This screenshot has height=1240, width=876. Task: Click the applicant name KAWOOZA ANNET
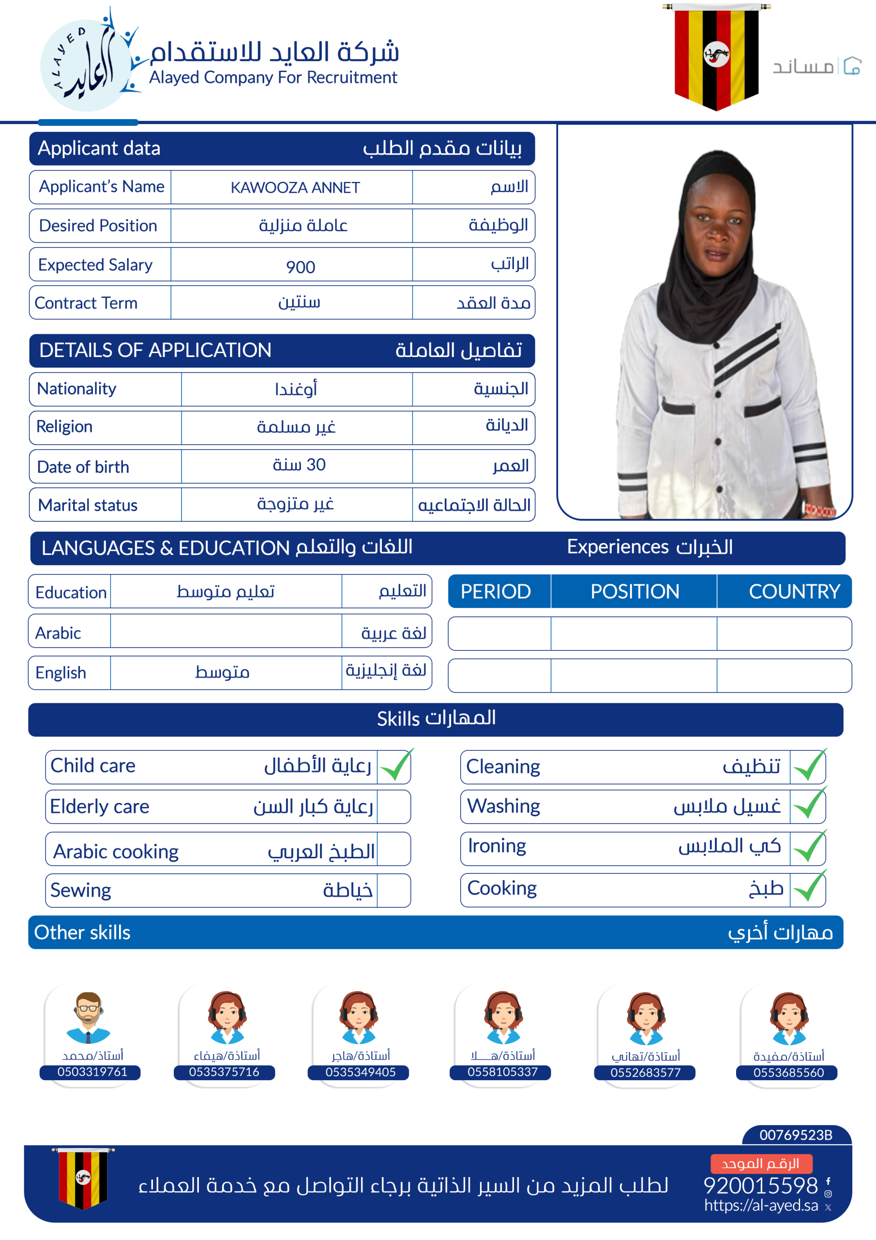click(x=295, y=187)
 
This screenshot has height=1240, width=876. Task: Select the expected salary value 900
click(x=300, y=266)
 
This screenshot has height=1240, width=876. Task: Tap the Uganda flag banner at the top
click(x=716, y=56)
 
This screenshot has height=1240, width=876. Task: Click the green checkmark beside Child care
click(x=395, y=766)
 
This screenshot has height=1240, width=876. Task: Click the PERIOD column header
click(x=496, y=591)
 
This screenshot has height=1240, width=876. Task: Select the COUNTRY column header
click(x=793, y=591)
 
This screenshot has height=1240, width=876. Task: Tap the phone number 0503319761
click(x=92, y=1072)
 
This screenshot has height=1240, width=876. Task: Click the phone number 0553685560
click(x=788, y=1072)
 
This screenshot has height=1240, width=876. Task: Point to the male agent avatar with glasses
click(x=88, y=1017)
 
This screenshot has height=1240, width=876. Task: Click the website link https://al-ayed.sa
click(x=760, y=1205)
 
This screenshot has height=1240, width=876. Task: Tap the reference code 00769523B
click(x=796, y=1135)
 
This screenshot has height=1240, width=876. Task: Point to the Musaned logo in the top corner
click(x=816, y=66)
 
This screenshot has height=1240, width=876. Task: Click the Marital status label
click(x=88, y=505)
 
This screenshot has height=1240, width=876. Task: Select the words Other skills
click(x=83, y=933)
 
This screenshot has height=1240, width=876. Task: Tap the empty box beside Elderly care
click(x=393, y=807)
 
